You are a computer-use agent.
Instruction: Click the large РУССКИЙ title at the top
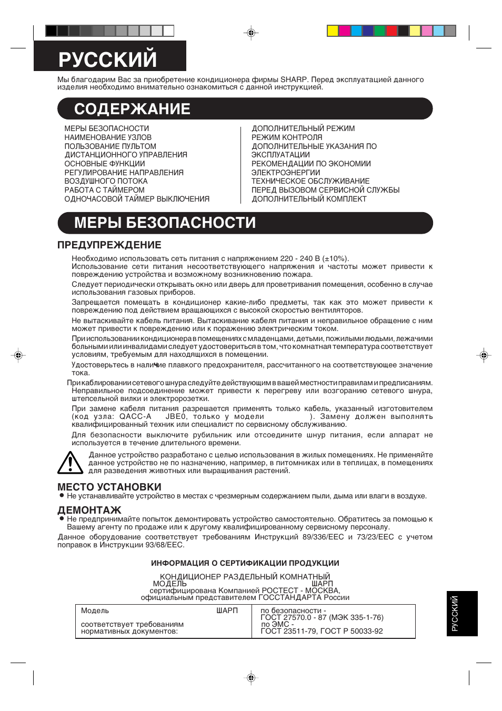[108, 59]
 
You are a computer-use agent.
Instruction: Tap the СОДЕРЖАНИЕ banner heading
[132, 109]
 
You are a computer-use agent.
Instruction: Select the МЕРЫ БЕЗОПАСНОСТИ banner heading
[165, 223]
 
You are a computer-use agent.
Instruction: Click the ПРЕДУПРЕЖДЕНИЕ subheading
[109, 245]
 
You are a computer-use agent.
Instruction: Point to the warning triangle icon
[70, 463]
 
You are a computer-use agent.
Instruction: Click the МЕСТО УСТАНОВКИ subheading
[109, 487]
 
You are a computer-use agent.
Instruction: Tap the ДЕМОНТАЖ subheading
[89, 510]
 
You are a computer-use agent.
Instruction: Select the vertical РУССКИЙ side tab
[455, 614]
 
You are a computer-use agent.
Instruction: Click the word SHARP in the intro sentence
[294, 79]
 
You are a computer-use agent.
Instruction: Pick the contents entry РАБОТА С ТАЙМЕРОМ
[104, 190]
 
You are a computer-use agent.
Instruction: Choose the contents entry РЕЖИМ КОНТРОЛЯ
[287, 137]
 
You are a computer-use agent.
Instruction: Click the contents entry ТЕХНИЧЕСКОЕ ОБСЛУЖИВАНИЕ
[310, 181]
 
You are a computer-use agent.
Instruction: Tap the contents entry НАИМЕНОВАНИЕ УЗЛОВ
[108, 137]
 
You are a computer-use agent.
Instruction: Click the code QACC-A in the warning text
[135, 416]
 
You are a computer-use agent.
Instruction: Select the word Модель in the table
[95, 610]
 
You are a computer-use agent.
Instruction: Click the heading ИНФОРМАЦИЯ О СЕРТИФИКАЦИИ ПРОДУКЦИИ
[245, 563]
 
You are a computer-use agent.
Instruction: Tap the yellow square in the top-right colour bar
[333, 31]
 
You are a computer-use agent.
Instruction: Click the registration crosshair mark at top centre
[251, 33]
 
